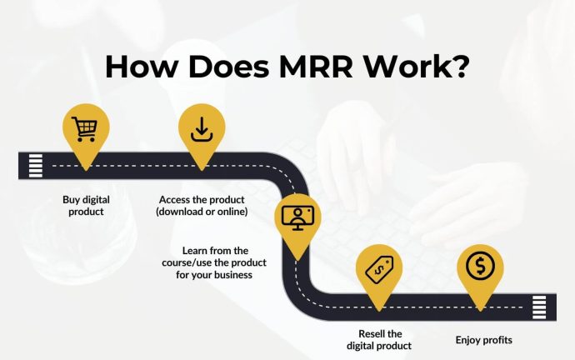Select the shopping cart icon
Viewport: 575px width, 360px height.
tap(86, 129)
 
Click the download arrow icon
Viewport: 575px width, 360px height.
tap(202, 129)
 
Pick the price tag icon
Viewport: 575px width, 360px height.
tap(379, 268)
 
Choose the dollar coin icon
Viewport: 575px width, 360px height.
tap(480, 267)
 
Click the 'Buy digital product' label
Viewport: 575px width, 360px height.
tap(86, 206)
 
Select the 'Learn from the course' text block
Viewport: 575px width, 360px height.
tap(217, 262)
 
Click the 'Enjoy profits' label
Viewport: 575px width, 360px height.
tap(483, 340)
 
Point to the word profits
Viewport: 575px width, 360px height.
tap(496, 340)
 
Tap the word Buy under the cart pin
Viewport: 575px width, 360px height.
tap(72, 200)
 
